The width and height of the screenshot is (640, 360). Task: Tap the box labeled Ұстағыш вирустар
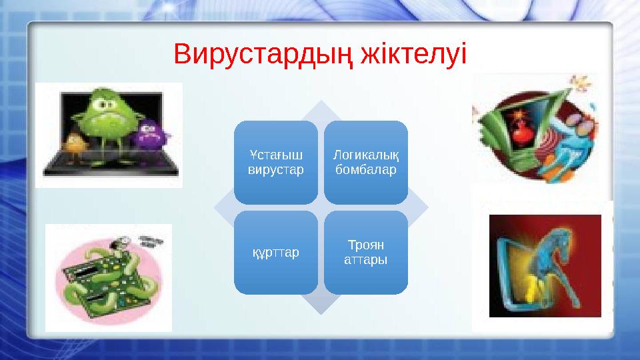pyautogui.click(x=275, y=162)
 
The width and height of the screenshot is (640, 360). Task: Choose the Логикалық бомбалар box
pyautogui.click(x=365, y=162)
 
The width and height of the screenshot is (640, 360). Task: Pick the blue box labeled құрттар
pyautogui.click(x=275, y=253)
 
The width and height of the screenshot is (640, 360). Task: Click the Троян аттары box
pyautogui.click(x=365, y=253)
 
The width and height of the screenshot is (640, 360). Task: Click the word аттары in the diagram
pyautogui.click(x=365, y=259)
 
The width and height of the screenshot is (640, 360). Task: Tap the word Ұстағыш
pyautogui.click(x=275, y=155)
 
